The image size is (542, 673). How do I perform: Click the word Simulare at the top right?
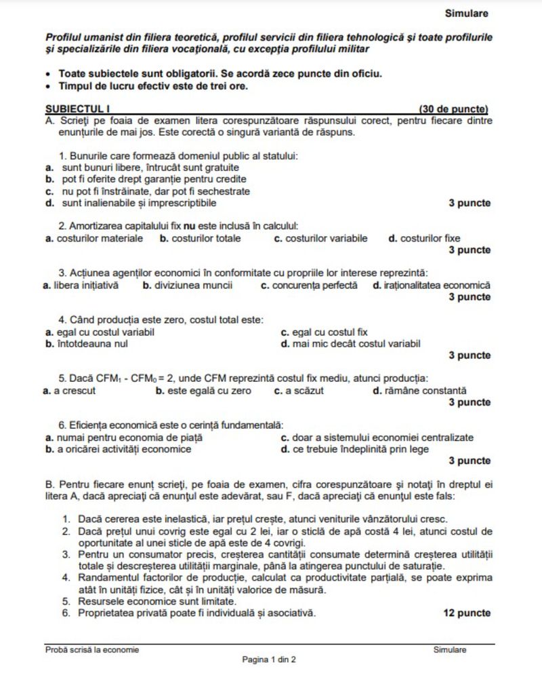click(x=466, y=13)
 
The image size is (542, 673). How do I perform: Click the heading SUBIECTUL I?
click(x=77, y=109)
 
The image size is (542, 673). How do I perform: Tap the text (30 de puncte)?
click(x=453, y=109)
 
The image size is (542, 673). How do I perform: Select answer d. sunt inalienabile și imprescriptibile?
click(x=132, y=202)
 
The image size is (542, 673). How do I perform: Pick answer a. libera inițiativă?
click(x=81, y=286)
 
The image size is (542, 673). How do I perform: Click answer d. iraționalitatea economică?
click(x=432, y=286)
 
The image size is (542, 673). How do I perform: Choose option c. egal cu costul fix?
click(x=325, y=332)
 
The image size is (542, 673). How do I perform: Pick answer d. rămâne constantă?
click(x=420, y=391)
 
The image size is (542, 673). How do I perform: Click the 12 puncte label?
click(x=467, y=613)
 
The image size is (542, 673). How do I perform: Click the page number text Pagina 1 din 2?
click(x=270, y=659)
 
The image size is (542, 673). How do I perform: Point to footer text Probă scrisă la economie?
click(x=92, y=649)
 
